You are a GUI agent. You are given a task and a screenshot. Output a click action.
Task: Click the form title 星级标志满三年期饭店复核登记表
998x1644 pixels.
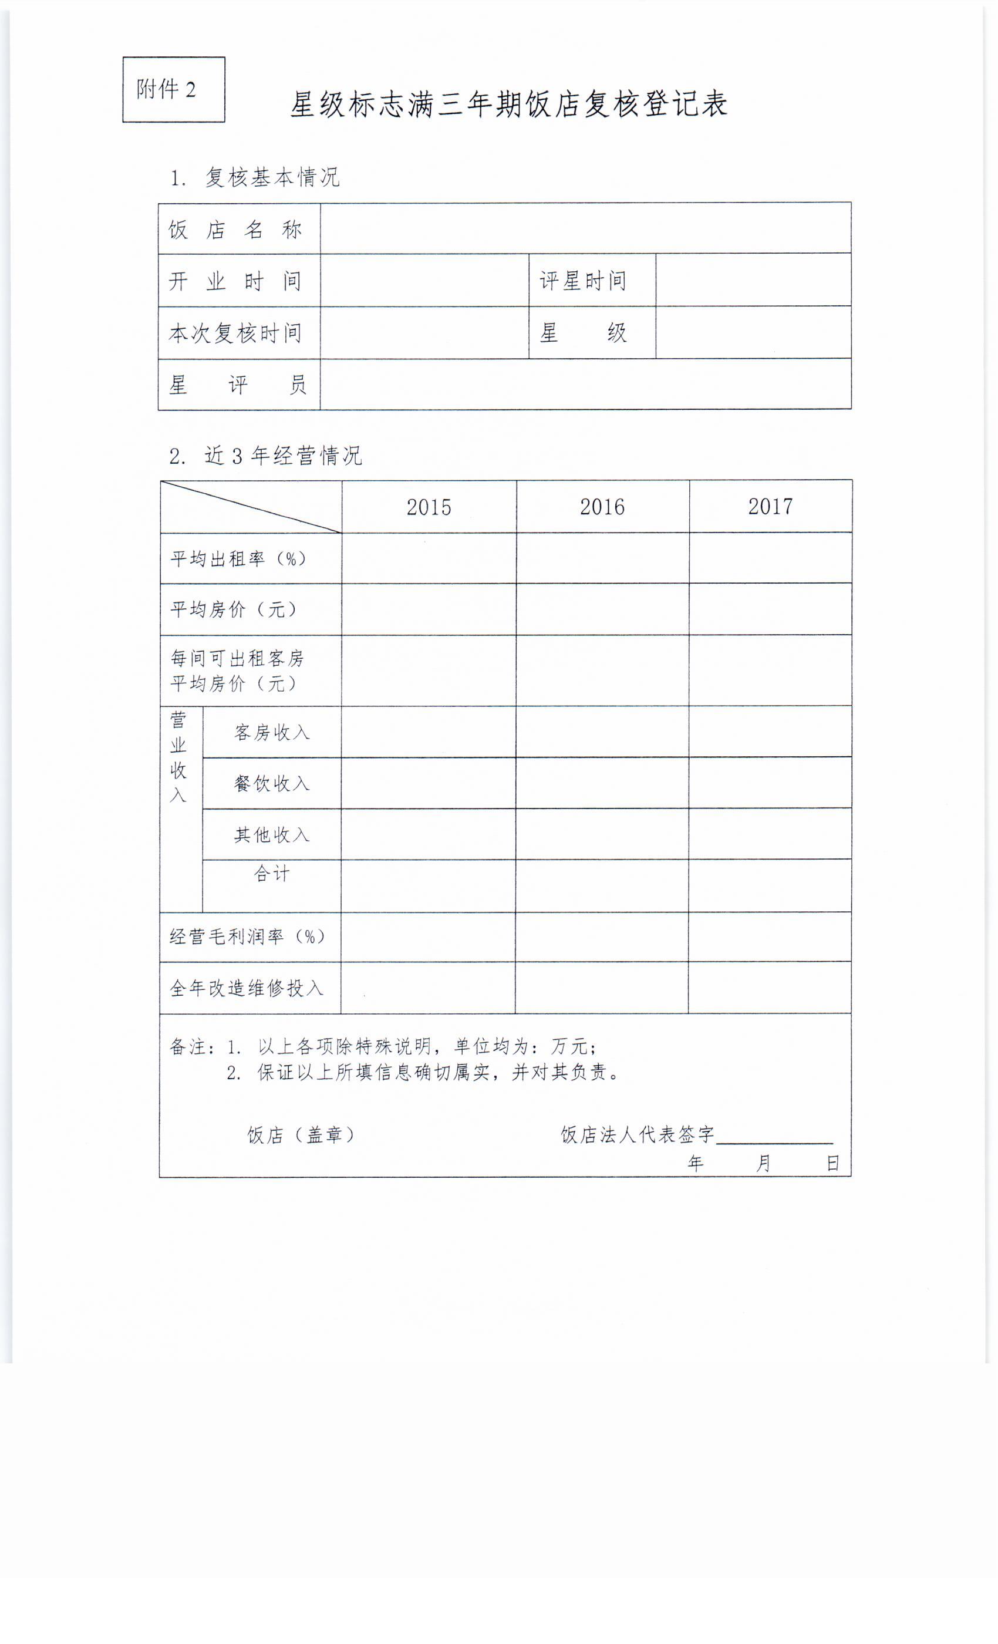coord(508,105)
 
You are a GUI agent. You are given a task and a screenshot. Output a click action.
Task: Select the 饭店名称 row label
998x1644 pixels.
coord(235,230)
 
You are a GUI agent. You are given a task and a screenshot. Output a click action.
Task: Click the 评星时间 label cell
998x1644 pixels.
coord(583,281)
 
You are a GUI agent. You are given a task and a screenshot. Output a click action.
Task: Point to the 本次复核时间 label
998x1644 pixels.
coord(235,333)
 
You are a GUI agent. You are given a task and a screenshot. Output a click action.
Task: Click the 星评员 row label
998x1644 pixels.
coord(238,385)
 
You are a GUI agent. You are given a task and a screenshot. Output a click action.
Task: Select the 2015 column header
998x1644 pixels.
coord(429,507)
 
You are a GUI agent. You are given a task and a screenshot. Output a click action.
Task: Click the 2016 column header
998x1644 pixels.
coord(602,507)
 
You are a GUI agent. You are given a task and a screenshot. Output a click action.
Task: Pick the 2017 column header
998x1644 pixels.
coord(770,506)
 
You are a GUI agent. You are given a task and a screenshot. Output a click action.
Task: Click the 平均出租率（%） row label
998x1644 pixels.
coord(238,558)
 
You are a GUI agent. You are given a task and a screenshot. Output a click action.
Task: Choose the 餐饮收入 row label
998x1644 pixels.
coord(271,783)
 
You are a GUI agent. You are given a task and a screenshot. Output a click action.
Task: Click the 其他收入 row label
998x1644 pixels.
coord(271,835)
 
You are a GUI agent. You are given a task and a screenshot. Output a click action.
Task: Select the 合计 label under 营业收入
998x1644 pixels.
coord(271,874)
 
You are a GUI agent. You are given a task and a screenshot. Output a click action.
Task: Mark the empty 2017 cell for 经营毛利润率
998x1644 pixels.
coord(769,936)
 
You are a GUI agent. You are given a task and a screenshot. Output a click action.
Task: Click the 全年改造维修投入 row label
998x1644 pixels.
coord(246,988)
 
